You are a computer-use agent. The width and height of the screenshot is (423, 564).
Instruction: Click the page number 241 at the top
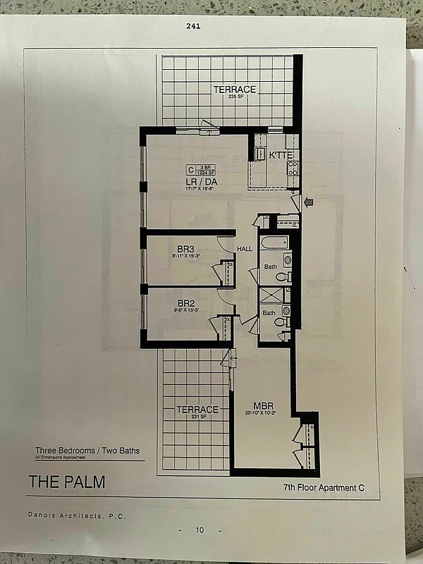[x=192, y=26]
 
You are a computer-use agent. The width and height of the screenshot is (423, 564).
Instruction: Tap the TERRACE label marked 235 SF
[x=235, y=91]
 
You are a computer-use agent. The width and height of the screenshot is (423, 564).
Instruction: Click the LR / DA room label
[x=200, y=181]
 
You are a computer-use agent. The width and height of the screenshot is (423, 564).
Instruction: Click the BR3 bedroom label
[x=185, y=249]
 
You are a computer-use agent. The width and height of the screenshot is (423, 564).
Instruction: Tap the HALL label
[x=244, y=249]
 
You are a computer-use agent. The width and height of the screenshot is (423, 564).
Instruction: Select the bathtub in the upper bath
[x=274, y=243]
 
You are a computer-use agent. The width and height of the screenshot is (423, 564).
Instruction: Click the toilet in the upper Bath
[x=282, y=276]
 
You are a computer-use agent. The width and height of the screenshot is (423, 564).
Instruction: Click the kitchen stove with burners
[x=293, y=168]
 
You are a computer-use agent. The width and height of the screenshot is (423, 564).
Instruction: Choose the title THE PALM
[x=66, y=482]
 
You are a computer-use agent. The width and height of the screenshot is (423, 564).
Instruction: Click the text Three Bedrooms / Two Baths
[x=87, y=450]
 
